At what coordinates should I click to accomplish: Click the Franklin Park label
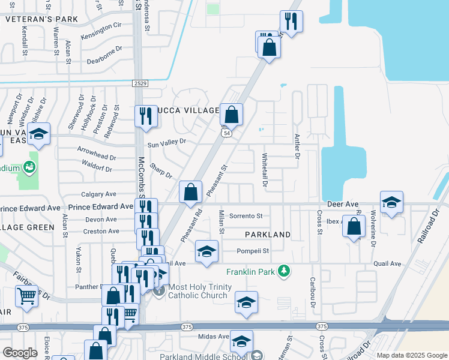pyautogui.click(x=250, y=272)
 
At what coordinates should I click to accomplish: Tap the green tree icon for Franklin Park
pyautogui.click(x=286, y=272)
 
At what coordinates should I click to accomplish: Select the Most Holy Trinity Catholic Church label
pyautogui.click(x=199, y=292)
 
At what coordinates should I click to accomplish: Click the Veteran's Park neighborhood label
pyautogui.click(x=42, y=19)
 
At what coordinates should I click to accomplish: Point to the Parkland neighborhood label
pyautogui.click(x=268, y=234)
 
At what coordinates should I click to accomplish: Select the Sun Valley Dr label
pyautogui.click(x=167, y=142)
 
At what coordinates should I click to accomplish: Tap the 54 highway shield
pyautogui.click(x=226, y=133)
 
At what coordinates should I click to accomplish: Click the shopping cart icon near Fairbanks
pyautogui.click(x=26, y=296)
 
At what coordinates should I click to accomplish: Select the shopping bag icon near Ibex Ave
pyautogui.click(x=355, y=227)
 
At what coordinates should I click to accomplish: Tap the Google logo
pyautogui.click(x=20, y=352)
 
